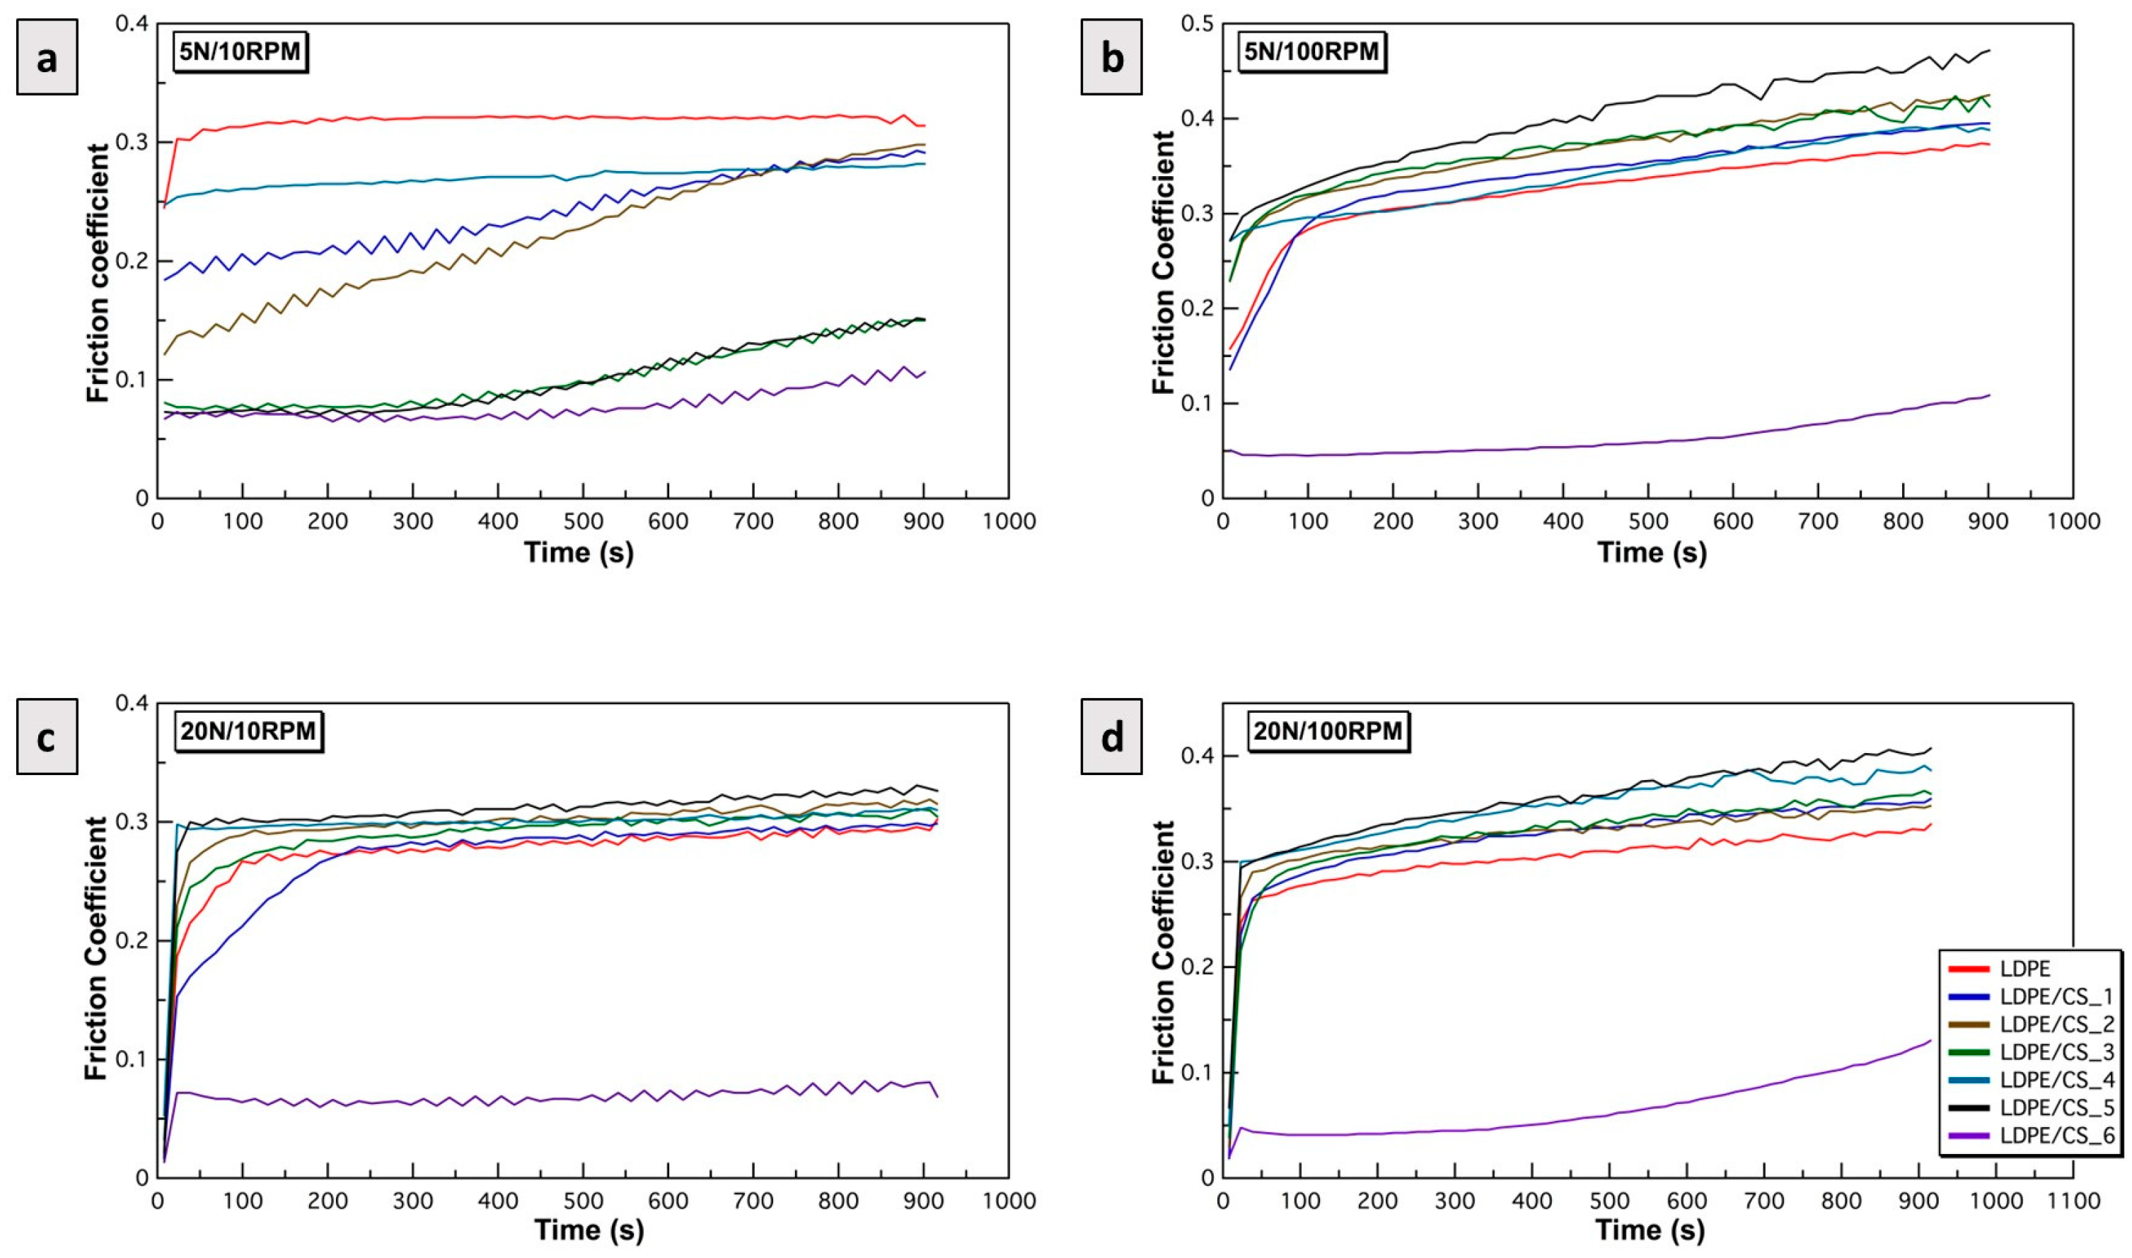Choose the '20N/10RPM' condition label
pyautogui.click(x=248, y=730)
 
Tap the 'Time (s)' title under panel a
pyautogui.click(x=579, y=554)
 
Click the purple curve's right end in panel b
pyautogui.click(x=1988, y=395)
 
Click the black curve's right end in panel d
pyautogui.click(x=1931, y=749)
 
